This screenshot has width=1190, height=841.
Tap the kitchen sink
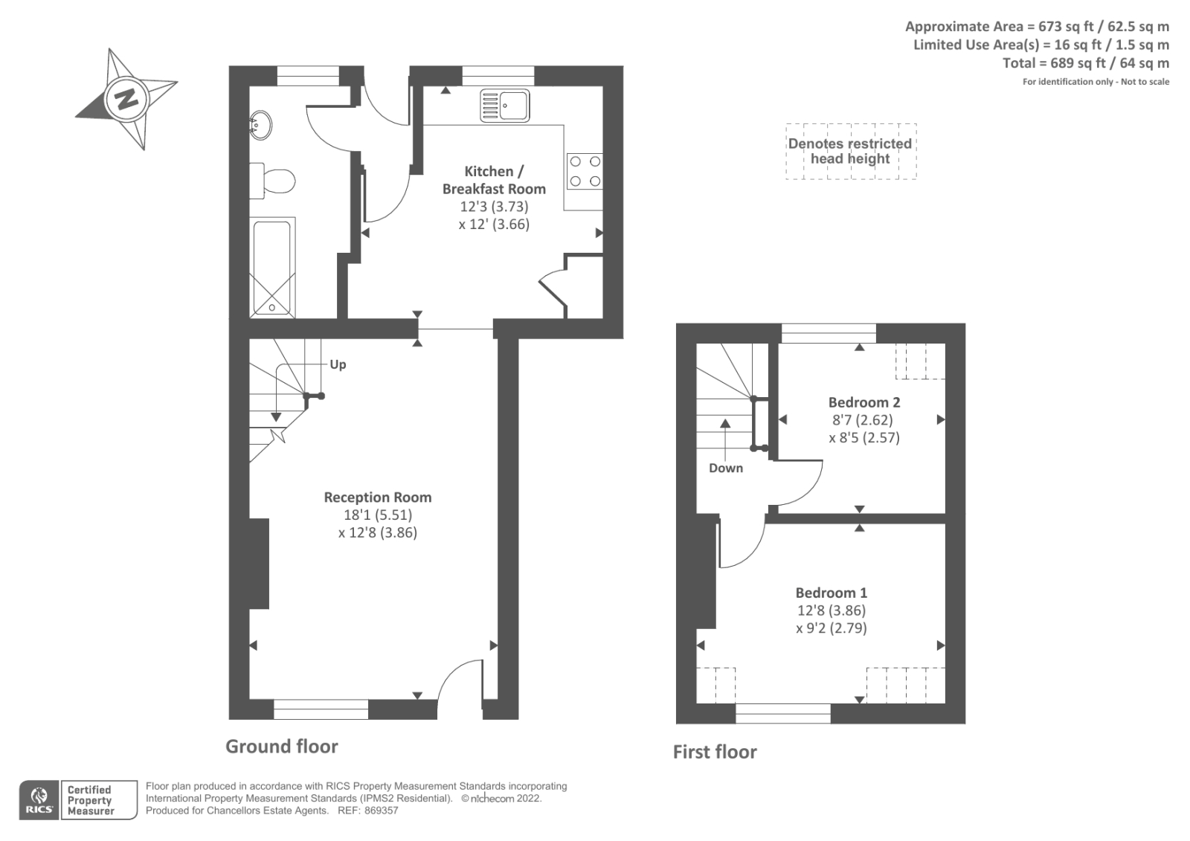(x=504, y=105)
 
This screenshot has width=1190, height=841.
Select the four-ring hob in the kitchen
(x=585, y=171)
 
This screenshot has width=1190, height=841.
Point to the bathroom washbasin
(x=260, y=125)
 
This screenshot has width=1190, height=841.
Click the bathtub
(x=272, y=268)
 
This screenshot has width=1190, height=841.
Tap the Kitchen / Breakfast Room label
(x=493, y=180)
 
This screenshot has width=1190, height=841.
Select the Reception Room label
(x=377, y=497)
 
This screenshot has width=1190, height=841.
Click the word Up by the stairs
(x=338, y=364)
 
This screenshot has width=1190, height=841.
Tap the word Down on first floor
(x=725, y=468)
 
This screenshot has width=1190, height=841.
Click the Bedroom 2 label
(x=864, y=402)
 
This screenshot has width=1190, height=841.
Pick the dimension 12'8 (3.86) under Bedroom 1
(x=831, y=610)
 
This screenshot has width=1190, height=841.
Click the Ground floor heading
(x=281, y=747)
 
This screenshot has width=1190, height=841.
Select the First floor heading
(x=714, y=752)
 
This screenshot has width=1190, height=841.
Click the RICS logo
(x=39, y=800)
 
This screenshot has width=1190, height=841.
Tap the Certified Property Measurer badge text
(x=90, y=800)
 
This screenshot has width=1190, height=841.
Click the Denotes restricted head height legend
(x=850, y=151)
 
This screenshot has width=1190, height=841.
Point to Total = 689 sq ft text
(x=1085, y=63)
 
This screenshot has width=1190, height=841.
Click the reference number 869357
(x=381, y=811)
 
